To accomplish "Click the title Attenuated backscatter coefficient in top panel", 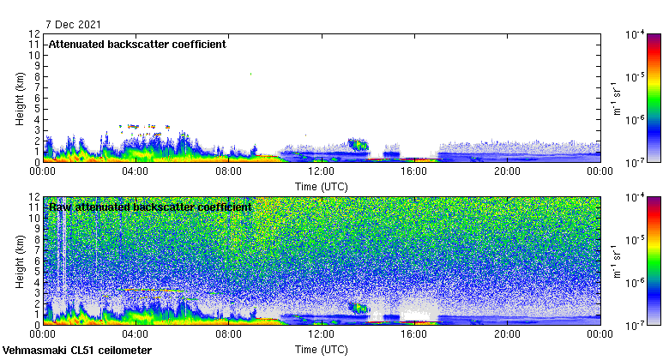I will click(137, 45).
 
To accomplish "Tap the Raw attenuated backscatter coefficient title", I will click(150, 207).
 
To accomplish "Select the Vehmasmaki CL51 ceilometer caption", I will click(77, 351).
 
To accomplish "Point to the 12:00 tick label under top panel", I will click(322, 171).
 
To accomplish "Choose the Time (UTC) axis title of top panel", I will click(322, 184).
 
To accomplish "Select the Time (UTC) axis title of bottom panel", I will click(322, 349).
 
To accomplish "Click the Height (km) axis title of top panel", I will click(19, 98).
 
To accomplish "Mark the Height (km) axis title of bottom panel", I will click(19, 261).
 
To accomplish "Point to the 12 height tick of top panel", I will click(35, 34).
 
